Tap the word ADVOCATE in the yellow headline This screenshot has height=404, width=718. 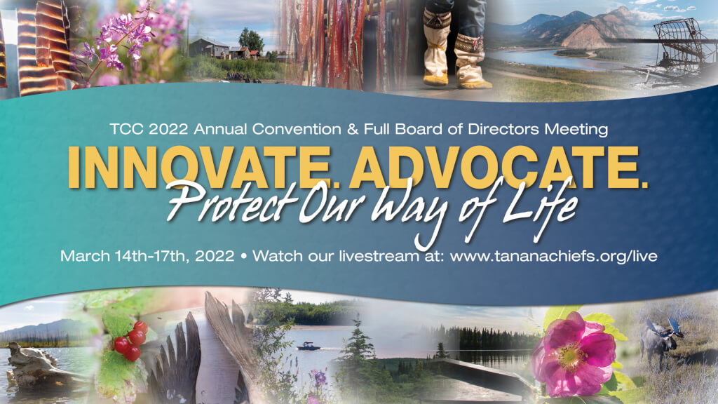click(491, 168)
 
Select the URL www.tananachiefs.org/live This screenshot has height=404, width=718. click(553, 256)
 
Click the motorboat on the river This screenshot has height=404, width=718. click(309, 346)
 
